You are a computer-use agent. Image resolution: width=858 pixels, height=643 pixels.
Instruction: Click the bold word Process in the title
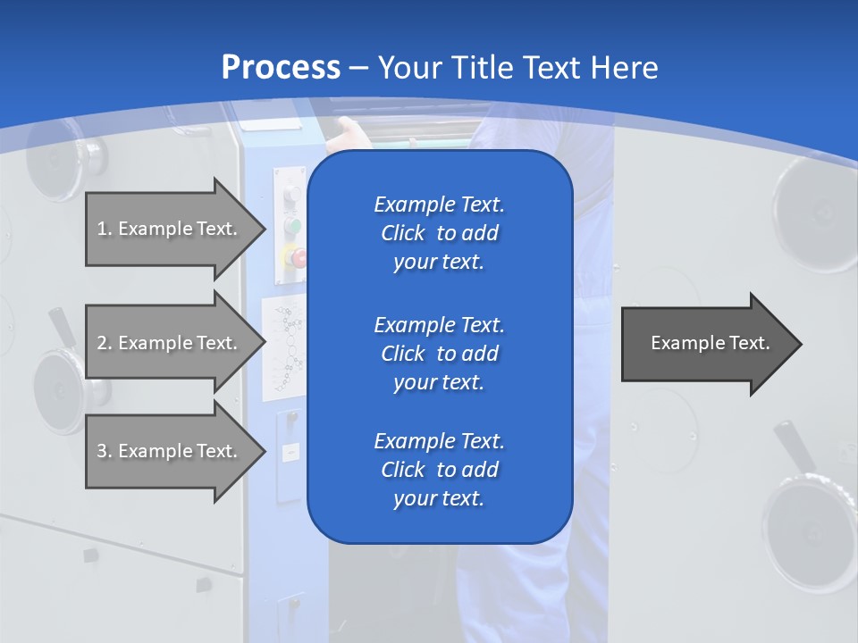[281, 67]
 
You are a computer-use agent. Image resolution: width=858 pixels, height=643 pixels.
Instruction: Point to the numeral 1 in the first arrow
[102, 229]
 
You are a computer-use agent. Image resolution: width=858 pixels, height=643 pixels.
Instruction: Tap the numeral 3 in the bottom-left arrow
[102, 451]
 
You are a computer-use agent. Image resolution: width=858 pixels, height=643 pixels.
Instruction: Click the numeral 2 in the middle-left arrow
[102, 343]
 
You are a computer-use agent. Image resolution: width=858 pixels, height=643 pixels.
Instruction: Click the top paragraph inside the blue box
[439, 233]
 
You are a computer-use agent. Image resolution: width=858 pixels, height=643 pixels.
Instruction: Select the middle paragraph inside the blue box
[439, 353]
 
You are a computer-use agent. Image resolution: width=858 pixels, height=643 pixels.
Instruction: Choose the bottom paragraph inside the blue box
[439, 470]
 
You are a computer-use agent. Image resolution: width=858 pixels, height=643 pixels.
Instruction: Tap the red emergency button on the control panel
[297, 258]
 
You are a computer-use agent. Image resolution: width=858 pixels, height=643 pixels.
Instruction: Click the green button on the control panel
[291, 227]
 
